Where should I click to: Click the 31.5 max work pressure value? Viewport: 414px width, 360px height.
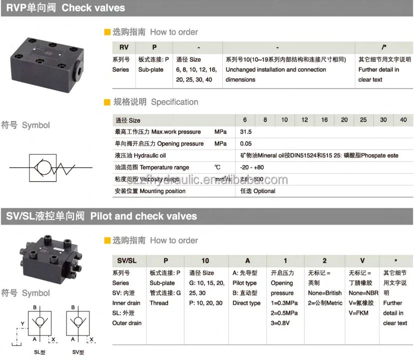coord(246,132)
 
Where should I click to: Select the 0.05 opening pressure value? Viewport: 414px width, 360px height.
coord(246,144)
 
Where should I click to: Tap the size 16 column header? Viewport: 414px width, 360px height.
coord(324,120)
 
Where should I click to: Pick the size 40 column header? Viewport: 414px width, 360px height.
coord(403,120)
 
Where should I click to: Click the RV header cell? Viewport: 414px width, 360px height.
coord(124,47)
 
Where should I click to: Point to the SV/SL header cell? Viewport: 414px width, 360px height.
coord(126,261)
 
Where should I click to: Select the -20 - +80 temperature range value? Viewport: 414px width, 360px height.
coord(252,167)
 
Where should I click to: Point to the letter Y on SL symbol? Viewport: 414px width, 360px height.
coord(22,323)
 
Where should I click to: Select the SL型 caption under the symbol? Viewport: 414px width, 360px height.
coord(40,352)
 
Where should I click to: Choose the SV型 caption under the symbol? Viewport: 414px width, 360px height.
coord(78,352)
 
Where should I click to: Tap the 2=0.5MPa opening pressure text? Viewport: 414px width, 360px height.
coord(284,313)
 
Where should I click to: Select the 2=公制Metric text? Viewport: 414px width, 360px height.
coord(325,303)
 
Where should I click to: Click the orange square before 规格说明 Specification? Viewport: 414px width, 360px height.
coord(107,102)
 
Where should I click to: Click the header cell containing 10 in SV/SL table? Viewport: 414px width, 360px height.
coord(205,261)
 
